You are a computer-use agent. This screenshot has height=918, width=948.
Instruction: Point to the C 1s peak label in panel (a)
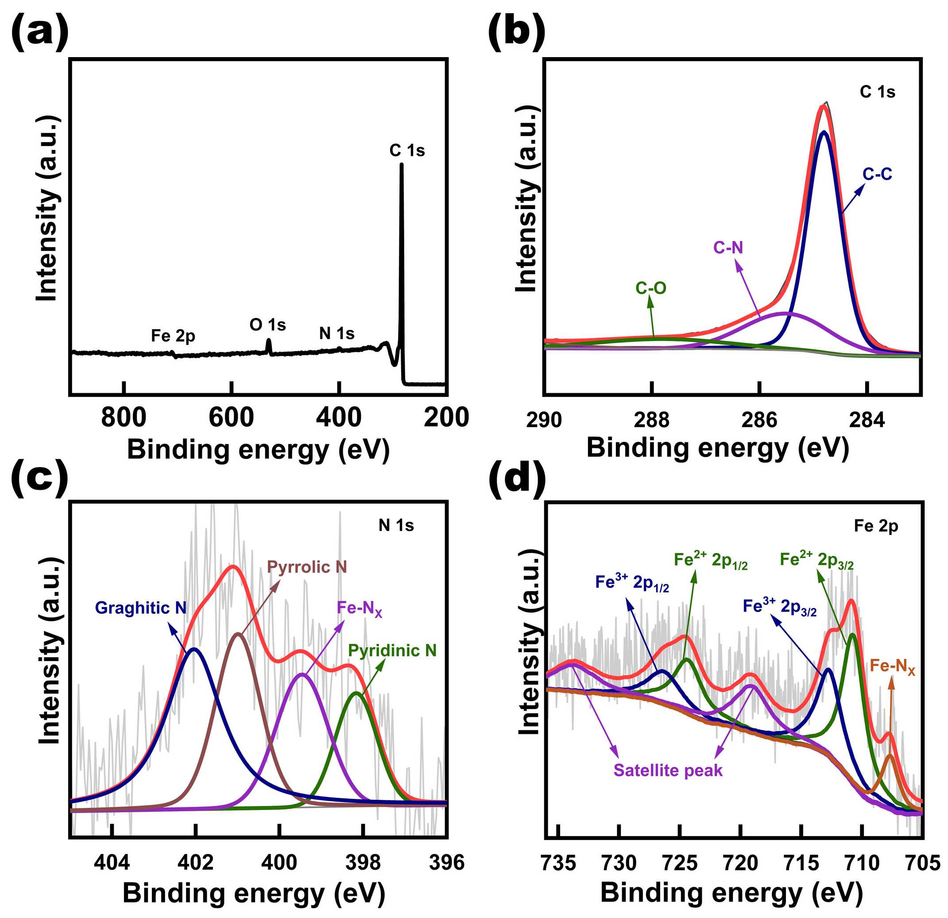point(407,151)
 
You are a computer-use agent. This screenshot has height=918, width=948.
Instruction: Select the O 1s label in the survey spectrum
point(267,325)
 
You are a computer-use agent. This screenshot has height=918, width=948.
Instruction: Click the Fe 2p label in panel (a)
point(173,335)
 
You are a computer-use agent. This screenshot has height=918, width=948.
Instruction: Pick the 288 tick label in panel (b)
point(651,420)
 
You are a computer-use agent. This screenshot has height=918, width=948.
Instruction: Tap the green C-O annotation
point(650,288)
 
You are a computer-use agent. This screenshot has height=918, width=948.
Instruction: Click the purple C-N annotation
point(728,248)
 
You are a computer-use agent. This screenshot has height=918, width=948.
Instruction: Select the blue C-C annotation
point(878,174)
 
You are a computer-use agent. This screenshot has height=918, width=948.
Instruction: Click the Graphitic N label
point(140,608)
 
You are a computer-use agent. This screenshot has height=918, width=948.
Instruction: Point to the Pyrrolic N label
point(307,566)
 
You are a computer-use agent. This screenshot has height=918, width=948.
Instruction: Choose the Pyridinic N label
point(392,651)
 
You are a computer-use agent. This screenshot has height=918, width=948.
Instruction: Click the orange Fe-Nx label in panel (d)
point(892,666)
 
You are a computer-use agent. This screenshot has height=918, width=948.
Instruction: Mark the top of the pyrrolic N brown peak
point(237,634)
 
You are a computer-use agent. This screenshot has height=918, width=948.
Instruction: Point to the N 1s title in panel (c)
point(396,525)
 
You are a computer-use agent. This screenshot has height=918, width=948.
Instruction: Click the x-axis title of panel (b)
point(718,447)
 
